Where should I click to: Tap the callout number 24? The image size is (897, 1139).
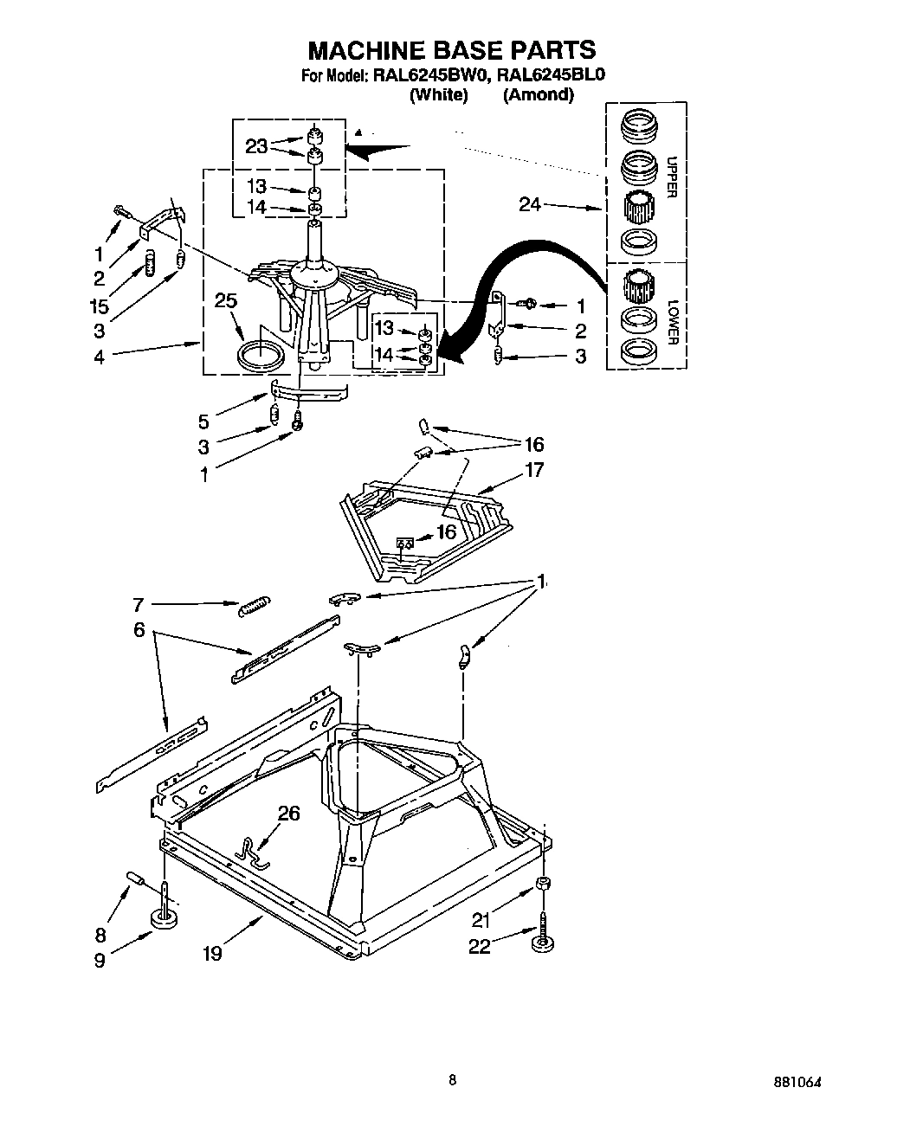coord(531,204)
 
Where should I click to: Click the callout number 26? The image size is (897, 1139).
coord(289,813)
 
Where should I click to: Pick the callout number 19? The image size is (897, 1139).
coord(212,953)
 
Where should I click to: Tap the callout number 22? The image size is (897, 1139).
coord(479,946)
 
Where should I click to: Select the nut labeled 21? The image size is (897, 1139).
coord(542,884)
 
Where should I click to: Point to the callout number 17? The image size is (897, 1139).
coord(534,470)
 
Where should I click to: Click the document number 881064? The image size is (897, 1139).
coord(797,1082)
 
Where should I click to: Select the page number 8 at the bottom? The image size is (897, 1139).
coord(452,1079)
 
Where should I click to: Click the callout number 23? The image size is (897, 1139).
coord(256,146)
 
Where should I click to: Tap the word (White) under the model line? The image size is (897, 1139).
coord(438,95)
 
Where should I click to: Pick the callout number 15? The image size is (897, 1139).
coord(100,306)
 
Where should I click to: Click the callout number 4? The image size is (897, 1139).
coord(100,356)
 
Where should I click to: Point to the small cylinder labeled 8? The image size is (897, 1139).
coord(136,879)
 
